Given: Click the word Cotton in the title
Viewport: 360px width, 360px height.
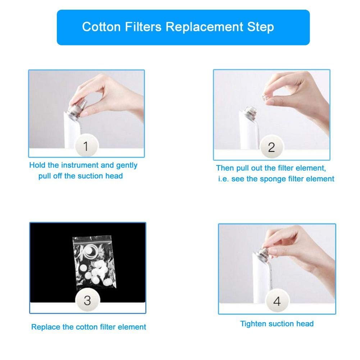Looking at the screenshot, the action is pos(101,27).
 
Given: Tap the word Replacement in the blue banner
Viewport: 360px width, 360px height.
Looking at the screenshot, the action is pos(204,27).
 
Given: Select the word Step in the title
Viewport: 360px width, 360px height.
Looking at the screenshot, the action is pos(261,27).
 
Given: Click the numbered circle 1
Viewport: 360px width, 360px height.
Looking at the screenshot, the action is pos(86,146).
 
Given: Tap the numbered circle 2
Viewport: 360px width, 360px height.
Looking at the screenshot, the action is pos(272,147).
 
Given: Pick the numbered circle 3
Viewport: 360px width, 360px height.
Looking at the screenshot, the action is pos(87,300).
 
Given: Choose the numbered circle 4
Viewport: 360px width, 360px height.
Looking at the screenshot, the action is pos(277,301).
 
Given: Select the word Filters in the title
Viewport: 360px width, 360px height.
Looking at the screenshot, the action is pos(143,27).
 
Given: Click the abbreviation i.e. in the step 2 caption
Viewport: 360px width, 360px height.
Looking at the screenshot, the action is pos(223,179).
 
